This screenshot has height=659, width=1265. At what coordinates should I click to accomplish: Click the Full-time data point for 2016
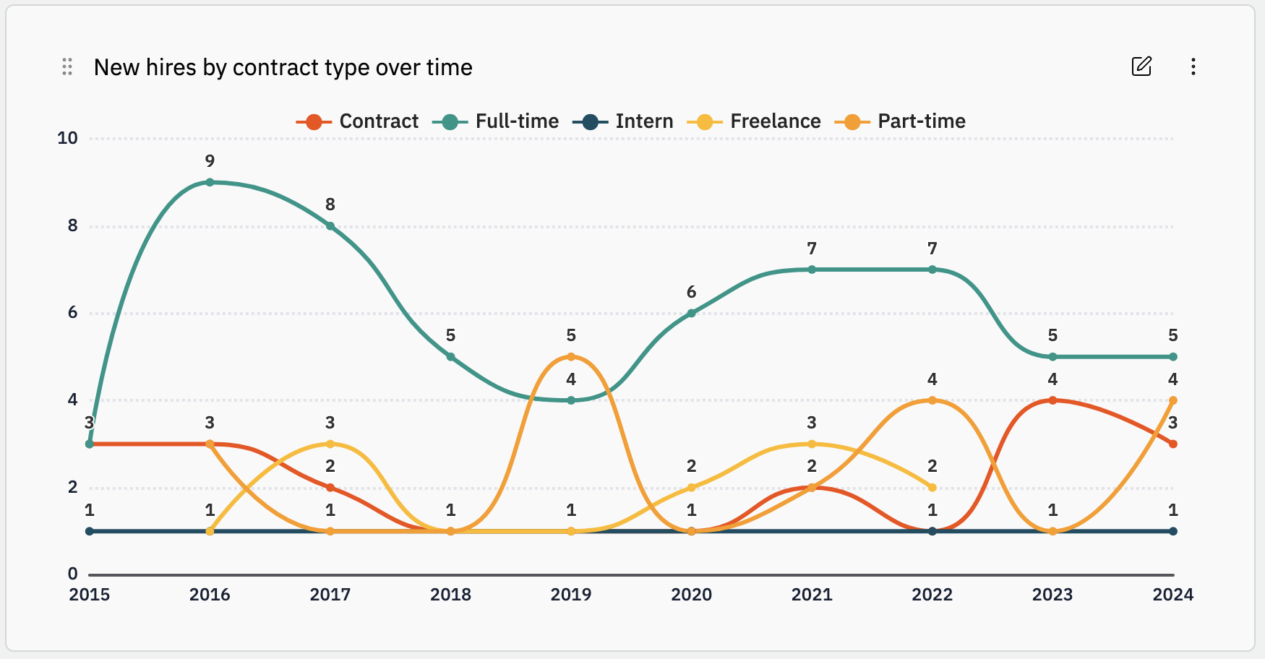tap(210, 182)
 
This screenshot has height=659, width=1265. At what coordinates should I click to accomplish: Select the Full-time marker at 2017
tap(330, 226)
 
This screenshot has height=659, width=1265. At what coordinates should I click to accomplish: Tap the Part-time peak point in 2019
tap(571, 357)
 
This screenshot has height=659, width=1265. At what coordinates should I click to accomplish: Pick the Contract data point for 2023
tap(1052, 400)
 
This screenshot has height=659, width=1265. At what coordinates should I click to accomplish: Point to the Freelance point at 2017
tap(330, 444)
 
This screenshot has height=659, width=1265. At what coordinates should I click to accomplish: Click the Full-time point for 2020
tap(692, 313)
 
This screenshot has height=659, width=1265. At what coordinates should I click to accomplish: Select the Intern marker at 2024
tap(1173, 531)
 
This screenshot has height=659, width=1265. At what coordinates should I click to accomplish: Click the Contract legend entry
tap(357, 121)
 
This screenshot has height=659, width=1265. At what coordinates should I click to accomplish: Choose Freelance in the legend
tap(754, 121)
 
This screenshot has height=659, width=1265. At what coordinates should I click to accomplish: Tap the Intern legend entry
tap(622, 121)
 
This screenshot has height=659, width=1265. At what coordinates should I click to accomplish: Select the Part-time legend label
tap(922, 121)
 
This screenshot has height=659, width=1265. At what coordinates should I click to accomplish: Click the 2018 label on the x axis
tap(450, 595)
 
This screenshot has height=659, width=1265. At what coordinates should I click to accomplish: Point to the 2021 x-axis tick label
tap(812, 595)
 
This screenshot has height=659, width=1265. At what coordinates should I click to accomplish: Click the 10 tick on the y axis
tap(68, 138)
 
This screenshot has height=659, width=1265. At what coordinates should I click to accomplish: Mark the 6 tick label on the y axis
tap(72, 313)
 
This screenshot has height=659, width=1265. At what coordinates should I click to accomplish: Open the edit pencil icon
tap(1141, 66)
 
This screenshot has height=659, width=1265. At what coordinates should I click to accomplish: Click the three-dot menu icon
tap(1193, 66)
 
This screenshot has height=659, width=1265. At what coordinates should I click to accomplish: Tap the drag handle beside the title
tap(67, 66)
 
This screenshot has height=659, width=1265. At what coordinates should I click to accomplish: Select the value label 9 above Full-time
tap(210, 161)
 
